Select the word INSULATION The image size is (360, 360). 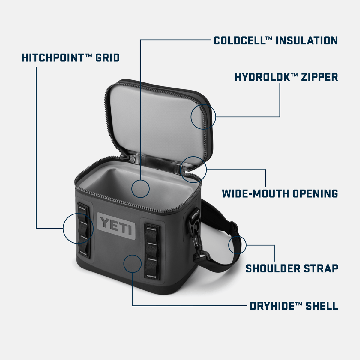[307, 40]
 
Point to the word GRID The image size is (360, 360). [107, 58]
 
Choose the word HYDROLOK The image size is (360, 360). [262, 77]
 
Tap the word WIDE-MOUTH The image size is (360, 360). [255, 193]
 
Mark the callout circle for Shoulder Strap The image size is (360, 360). [237, 245]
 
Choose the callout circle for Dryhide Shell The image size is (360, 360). [132, 264]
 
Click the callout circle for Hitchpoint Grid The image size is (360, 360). [76, 229]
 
